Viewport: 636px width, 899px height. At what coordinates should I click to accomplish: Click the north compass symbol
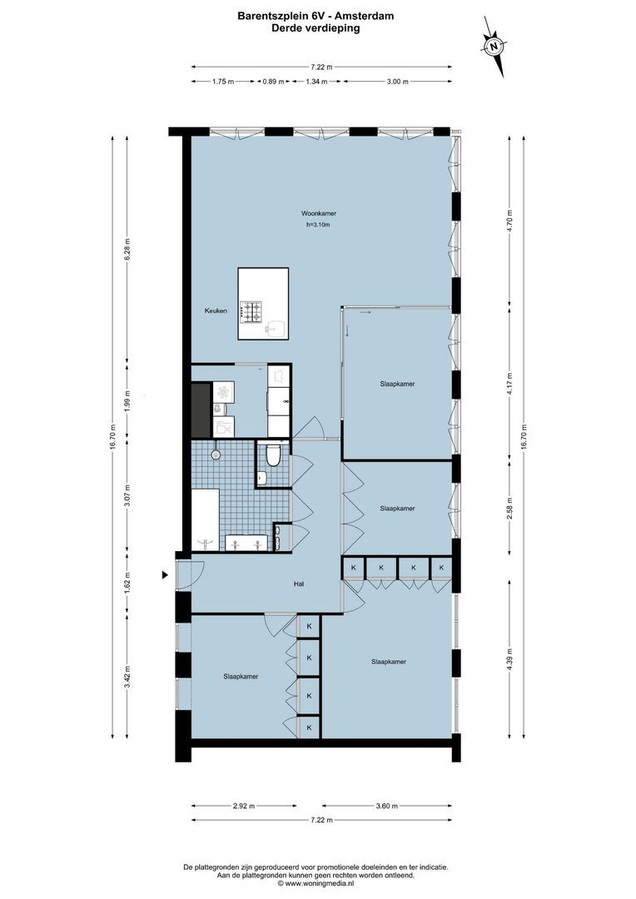(494, 47)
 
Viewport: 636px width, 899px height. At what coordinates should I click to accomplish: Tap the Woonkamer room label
(319, 214)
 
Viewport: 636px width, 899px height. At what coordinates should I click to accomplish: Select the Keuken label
(216, 310)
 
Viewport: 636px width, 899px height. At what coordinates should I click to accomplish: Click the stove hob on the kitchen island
(252, 311)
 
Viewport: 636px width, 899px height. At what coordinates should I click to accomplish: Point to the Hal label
(298, 584)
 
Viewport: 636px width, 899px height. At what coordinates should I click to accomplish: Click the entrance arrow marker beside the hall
(166, 574)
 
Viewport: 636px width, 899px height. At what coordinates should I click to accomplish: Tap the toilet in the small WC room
(272, 455)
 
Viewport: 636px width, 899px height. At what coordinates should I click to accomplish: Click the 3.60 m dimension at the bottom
(386, 806)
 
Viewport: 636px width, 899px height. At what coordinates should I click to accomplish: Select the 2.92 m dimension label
(242, 806)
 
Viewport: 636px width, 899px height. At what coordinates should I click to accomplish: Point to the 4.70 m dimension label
(510, 223)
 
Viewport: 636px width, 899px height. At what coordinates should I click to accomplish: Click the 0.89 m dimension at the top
(272, 82)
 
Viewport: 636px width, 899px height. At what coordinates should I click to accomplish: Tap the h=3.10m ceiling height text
(318, 225)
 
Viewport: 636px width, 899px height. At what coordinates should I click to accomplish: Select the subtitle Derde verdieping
(316, 27)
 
